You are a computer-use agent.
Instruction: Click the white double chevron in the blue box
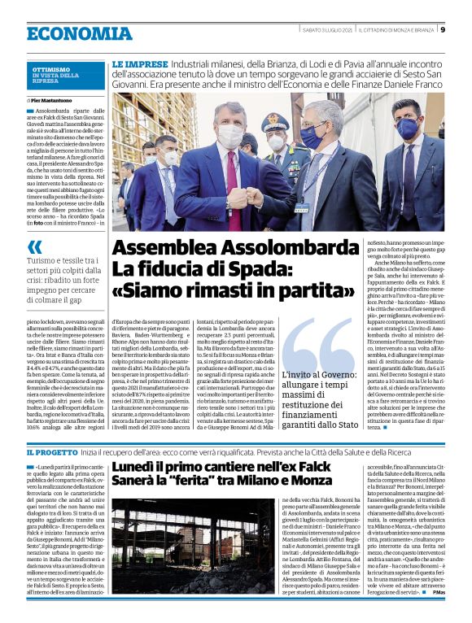tap(33, 246)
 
